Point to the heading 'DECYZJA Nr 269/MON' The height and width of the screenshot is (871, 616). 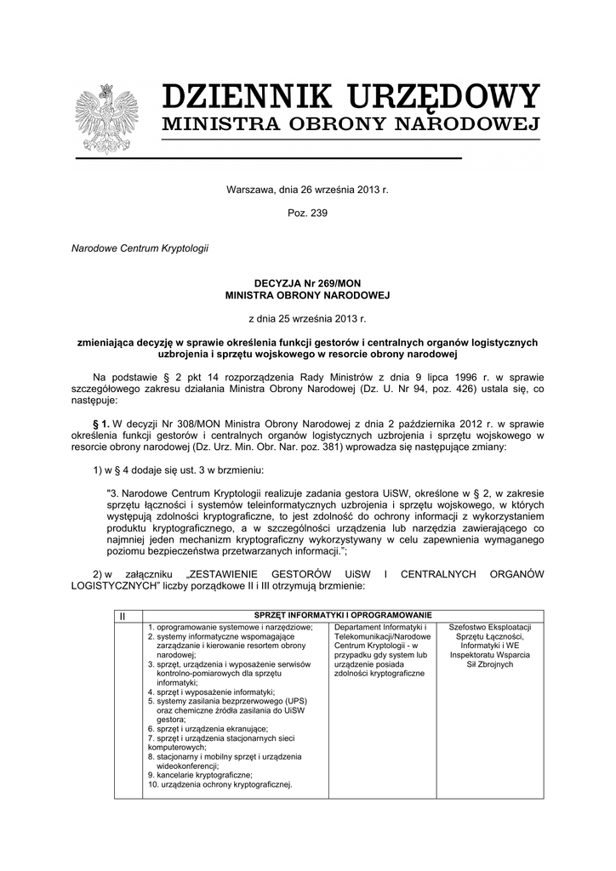click(x=307, y=283)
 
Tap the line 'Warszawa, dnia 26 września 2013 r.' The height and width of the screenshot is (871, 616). click(x=307, y=188)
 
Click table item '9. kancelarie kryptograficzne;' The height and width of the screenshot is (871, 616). click(x=199, y=775)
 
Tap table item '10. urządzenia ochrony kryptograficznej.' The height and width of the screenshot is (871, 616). click(x=220, y=784)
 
